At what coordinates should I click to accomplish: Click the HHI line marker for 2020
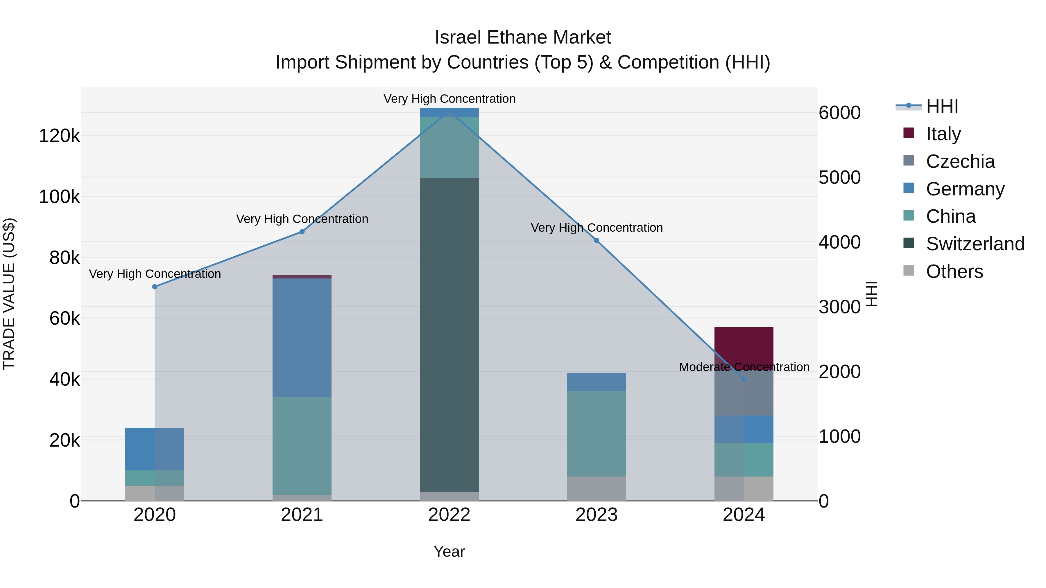point(154,287)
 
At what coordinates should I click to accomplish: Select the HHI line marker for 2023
point(597,241)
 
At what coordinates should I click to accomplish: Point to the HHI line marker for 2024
point(744,380)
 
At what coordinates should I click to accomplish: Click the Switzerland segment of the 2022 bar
point(449,335)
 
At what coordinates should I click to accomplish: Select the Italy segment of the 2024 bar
point(744,345)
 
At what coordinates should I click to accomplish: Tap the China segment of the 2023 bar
point(597,434)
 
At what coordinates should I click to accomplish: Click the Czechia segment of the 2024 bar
point(744,396)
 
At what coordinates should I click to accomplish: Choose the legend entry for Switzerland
point(975,244)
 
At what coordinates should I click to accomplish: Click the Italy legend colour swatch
point(909,133)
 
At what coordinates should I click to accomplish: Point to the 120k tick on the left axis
point(59,136)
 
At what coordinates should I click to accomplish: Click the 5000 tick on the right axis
point(839,177)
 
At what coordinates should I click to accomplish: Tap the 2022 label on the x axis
point(449,515)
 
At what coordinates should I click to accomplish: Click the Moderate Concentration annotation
point(744,367)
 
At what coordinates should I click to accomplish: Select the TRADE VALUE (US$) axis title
point(9,294)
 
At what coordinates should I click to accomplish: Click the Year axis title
point(449,551)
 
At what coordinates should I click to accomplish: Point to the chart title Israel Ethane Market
point(523,37)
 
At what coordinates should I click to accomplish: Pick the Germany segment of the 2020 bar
point(154,449)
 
